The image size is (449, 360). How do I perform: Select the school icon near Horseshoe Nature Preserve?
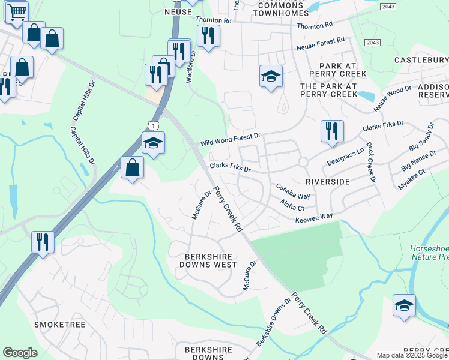[404, 305]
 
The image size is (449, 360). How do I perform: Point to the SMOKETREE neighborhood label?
[59, 325]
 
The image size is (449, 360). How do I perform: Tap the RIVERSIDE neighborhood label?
[327, 181]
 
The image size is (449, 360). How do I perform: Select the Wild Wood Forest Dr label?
[231, 140]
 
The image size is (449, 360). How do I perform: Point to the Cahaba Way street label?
[292, 192]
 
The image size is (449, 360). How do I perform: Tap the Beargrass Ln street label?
[345, 158]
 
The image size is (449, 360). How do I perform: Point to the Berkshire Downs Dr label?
[274, 321]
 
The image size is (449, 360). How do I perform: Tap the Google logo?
[20, 353]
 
